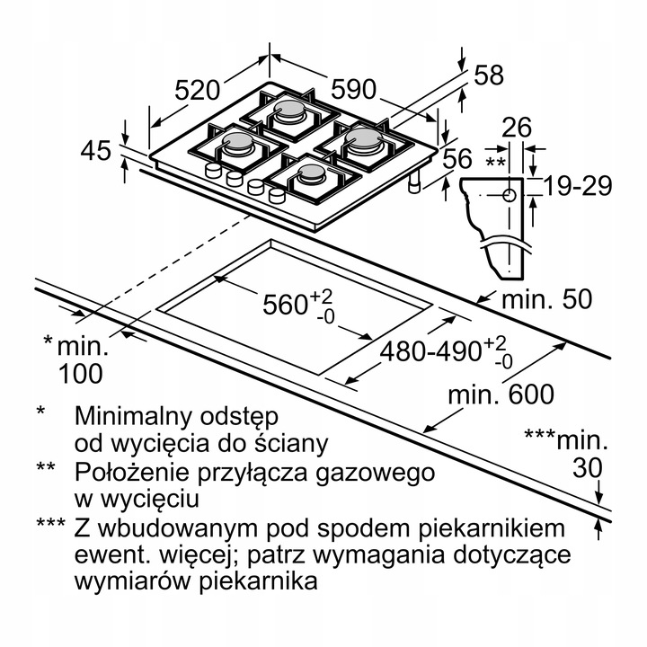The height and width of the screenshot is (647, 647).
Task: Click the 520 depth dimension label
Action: coord(197,90)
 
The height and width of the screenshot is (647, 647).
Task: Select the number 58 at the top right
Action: coord(489,75)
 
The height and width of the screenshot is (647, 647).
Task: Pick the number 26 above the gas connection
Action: coord(518,128)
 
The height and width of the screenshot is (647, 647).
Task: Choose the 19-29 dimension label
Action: coord(578,186)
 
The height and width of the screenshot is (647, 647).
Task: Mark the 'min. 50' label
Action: coord(546,298)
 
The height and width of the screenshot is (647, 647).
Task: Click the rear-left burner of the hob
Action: coord(291,111)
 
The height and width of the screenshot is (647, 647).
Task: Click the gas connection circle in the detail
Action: coord(510,194)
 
